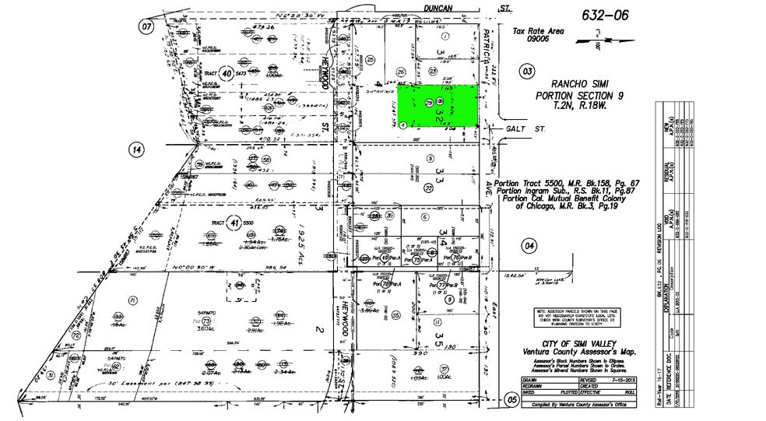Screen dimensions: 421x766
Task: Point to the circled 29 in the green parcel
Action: (429, 103)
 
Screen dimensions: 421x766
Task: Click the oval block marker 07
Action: (146, 26)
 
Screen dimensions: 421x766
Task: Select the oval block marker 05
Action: (511, 400)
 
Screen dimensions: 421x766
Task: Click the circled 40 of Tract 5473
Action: (227, 74)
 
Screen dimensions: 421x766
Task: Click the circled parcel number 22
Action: (428, 188)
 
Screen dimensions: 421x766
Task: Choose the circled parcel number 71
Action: (133, 300)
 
